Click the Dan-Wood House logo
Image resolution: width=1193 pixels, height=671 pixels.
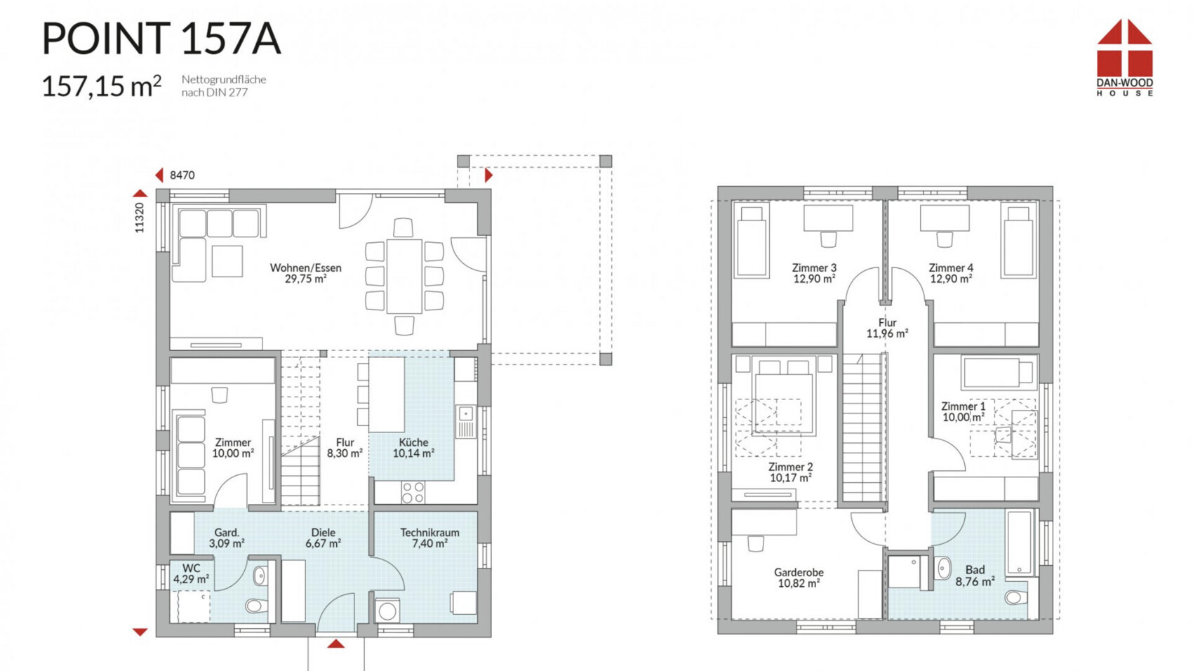coord(1124,58)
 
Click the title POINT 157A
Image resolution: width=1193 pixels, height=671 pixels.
coord(161,39)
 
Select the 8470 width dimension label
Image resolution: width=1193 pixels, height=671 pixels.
coord(182,175)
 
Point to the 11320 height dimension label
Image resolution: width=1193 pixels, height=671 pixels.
coord(140,218)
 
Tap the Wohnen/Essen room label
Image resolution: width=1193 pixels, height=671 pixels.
coord(306,273)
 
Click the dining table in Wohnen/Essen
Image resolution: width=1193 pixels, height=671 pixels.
coord(404,277)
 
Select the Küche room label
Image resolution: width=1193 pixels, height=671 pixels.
coord(414,448)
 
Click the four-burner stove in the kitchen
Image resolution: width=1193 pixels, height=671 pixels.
coord(413,493)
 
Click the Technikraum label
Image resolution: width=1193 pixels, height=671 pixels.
coord(429,538)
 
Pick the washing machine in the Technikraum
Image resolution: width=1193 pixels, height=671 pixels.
coord(387,611)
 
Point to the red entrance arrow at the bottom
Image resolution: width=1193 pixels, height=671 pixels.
coord(335,644)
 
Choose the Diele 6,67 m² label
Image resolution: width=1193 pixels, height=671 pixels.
coord(324,538)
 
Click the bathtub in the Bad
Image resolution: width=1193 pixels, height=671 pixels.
coord(1020,543)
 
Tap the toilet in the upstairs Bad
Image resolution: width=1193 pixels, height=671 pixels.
coord(1015,597)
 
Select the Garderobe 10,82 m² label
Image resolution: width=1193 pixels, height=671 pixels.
coord(799,578)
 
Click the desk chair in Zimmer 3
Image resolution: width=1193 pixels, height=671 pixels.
coord(828,239)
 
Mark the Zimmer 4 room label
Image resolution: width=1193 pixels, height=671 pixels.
coord(951,273)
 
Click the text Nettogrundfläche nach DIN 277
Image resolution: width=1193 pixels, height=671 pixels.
coord(224,86)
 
